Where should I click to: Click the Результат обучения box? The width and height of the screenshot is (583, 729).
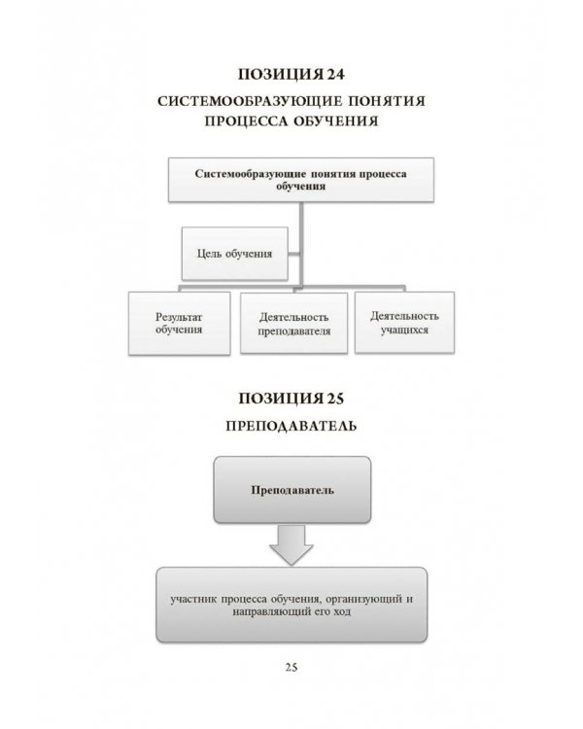179,323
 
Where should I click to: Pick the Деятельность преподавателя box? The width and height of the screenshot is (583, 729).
294,323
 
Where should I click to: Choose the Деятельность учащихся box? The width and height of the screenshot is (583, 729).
404,323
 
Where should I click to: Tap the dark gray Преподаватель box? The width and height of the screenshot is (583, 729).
291,489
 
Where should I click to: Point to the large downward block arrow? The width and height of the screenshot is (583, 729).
291,545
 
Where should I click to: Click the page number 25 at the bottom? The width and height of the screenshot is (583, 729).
291,666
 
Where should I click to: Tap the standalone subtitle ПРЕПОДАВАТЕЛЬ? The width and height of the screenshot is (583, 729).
291,426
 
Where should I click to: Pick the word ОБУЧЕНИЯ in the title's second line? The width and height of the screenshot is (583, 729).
331,122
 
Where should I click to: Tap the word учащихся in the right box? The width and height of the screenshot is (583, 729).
404,330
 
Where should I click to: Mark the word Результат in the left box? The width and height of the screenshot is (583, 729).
179,316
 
